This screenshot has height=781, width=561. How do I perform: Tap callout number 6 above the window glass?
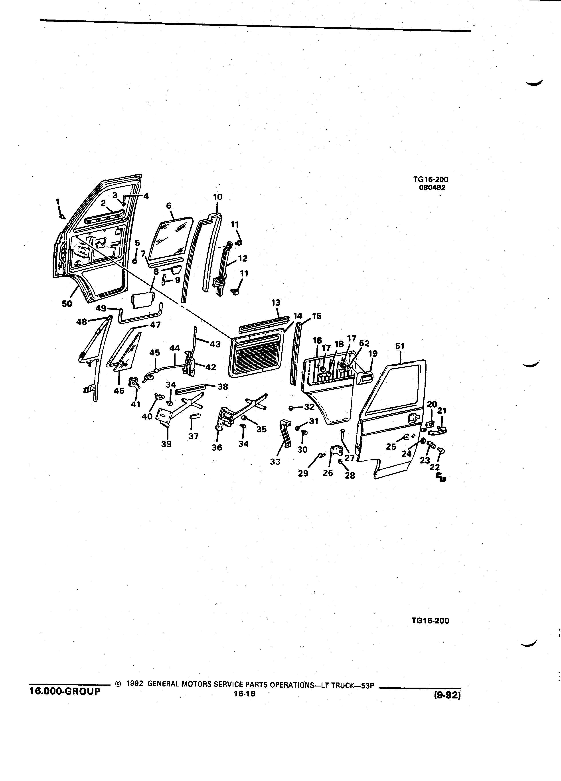pyautogui.click(x=169, y=206)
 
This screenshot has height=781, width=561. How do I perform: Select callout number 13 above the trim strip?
pyautogui.click(x=276, y=303)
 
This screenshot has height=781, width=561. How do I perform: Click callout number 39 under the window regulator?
pyautogui.click(x=166, y=444)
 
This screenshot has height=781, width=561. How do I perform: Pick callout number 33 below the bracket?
pyautogui.click(x=275, y=462)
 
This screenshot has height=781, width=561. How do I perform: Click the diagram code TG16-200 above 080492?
pyautogui.click(x=431, y=179)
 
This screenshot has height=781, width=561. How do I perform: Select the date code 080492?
pyautogui.click(x=432, y=188)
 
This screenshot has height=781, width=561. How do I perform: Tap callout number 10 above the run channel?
pyautogui.click(x=218, y=197)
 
